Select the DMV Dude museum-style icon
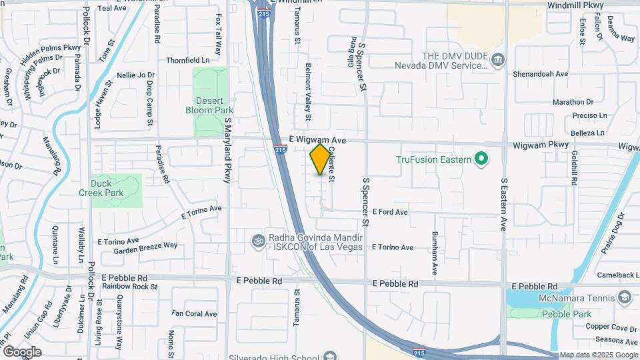point(498,61)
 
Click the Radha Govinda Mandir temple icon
point(258,239)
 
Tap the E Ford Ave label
point(390,212)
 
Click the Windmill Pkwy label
point(575,5)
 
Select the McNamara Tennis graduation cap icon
point(625,297)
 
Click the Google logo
point(22,351)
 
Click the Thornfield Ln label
point(187,59)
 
